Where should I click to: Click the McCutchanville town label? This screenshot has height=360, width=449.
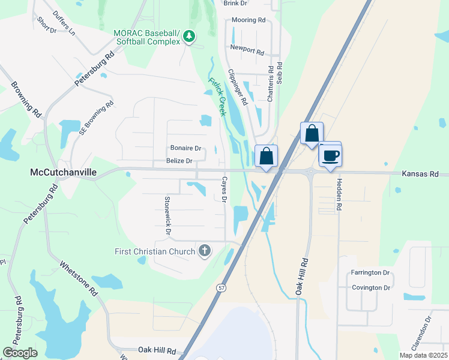click(63, 172)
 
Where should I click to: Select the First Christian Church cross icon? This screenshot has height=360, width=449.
click(205, 251)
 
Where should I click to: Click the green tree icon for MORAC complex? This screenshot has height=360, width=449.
click(190, 37)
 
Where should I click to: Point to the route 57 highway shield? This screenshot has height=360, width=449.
click(221, 288)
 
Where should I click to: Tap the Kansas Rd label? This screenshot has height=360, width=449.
click(421, 173)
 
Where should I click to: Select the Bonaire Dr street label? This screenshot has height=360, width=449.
click(185, 148)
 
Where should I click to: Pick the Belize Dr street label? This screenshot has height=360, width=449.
click(179, 161)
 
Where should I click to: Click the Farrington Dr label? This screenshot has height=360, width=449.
click(370, 273)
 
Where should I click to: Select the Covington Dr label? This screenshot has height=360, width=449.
click(371, 287)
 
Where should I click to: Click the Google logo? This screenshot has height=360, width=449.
click(20, 352)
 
